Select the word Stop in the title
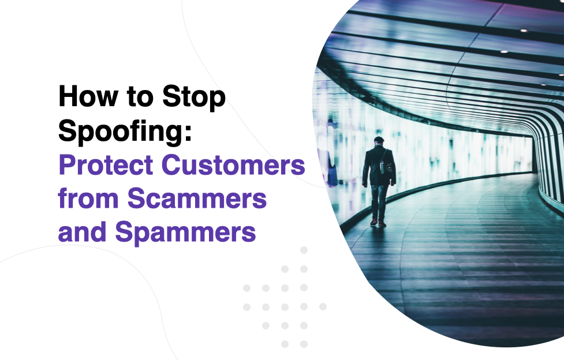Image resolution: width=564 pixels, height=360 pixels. (x=194, y=97)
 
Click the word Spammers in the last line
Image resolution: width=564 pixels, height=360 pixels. (x=186, y=232)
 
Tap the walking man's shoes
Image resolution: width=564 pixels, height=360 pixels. (x=378, y=223)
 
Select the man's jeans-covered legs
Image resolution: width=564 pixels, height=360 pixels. (x=379, y=202)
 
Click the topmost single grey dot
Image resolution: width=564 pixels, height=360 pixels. (x=304, y=250)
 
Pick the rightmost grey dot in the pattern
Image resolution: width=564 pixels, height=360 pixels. (x=323, y=306)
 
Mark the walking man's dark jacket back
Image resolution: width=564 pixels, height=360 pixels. (x=378, y=165)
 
